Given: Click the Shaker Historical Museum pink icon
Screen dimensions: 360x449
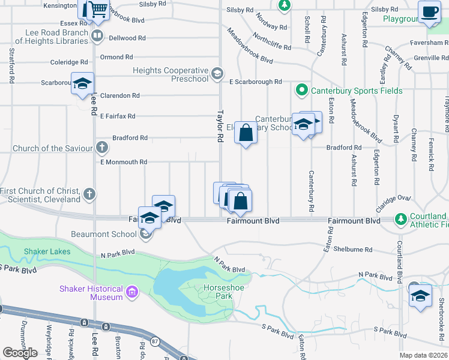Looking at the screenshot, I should (x=132, y=293).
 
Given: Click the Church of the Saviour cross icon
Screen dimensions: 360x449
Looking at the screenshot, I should (x=102, y=148).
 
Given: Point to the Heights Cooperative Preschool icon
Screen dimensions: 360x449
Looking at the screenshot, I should (x=217, y=75).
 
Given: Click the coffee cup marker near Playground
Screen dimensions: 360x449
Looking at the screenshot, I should (x=429, y=12).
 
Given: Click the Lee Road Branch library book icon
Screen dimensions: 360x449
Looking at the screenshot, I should (x=96, y=37).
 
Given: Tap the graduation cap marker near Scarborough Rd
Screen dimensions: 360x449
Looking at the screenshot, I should (x=82, y=84).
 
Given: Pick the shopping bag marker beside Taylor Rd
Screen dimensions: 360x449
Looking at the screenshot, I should (x=246, y=133).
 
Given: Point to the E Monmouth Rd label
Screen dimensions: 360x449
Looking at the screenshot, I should (x=123, y=162).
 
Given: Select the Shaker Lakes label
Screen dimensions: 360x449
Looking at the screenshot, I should (x=47, y=251).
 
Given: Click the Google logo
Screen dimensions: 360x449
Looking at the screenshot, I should (x=20, y=352).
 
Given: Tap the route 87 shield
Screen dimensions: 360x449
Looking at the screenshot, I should (x=155, y=341).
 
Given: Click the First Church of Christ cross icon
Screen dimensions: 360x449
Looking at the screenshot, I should (x=89, y=194).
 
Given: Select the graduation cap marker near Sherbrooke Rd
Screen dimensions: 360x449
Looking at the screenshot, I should (x=420, y=295).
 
